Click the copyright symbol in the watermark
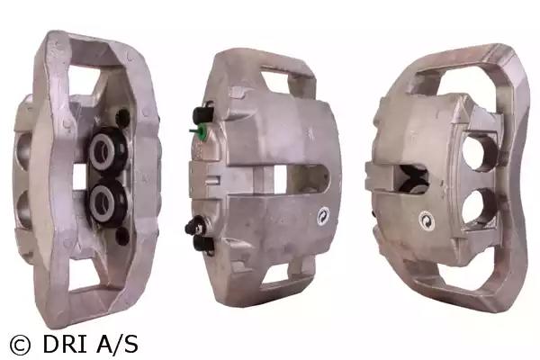[20, 345]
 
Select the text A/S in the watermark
[117, 344]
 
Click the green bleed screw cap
[200, 132]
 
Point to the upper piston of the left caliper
[104, 150]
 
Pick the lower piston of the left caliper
[104, 202]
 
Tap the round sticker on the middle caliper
[323, 216]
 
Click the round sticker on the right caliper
[427, 220]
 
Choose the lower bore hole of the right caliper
[478, 206]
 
